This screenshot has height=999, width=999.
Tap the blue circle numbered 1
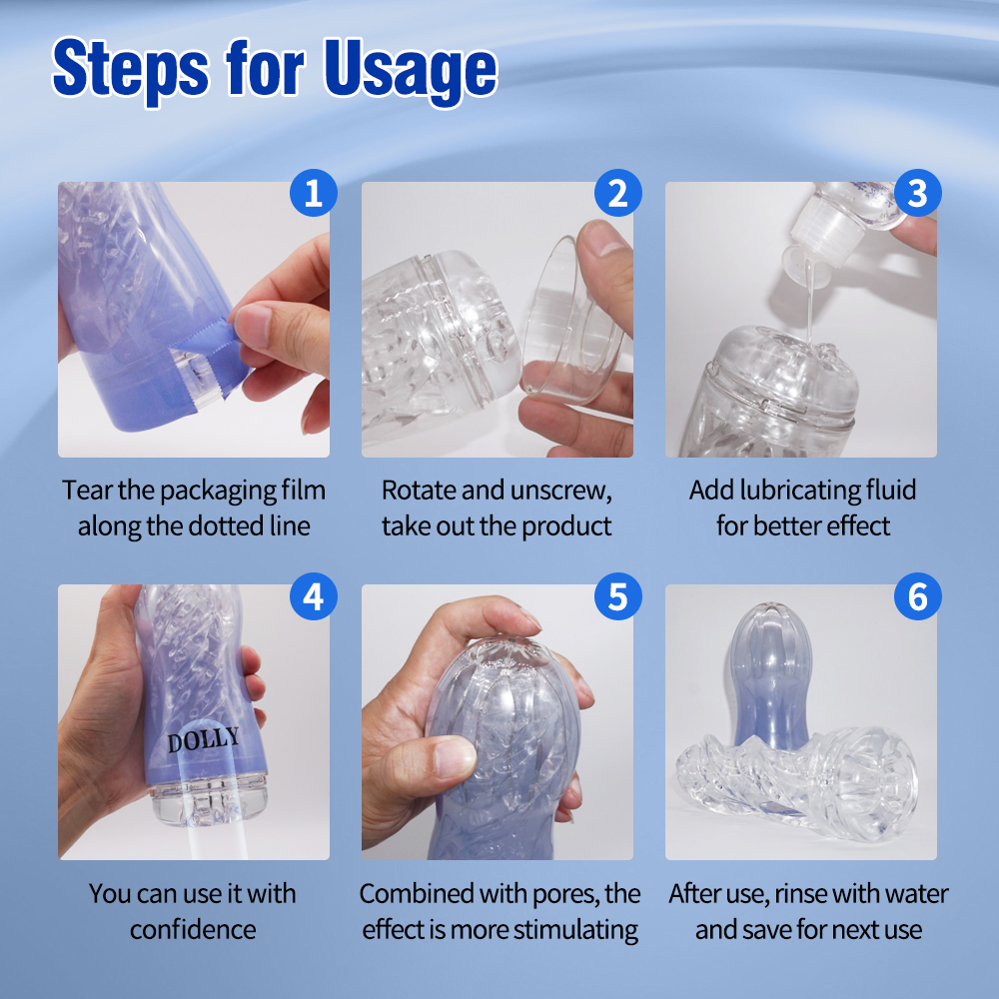[x=313, y=193]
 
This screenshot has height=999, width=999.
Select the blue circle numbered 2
[x=617, y=193]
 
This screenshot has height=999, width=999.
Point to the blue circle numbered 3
[x=917, y=193]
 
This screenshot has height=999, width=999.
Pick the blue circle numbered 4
[x=313, y=596]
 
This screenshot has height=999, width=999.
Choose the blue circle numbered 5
[x=617, y=596]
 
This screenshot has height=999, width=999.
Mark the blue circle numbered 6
[x=917, y=596]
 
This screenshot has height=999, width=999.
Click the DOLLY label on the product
[x=204, y=740]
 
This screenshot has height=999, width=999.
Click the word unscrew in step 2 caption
[x=561, y=491]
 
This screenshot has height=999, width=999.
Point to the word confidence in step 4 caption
[x=193, y=929]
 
